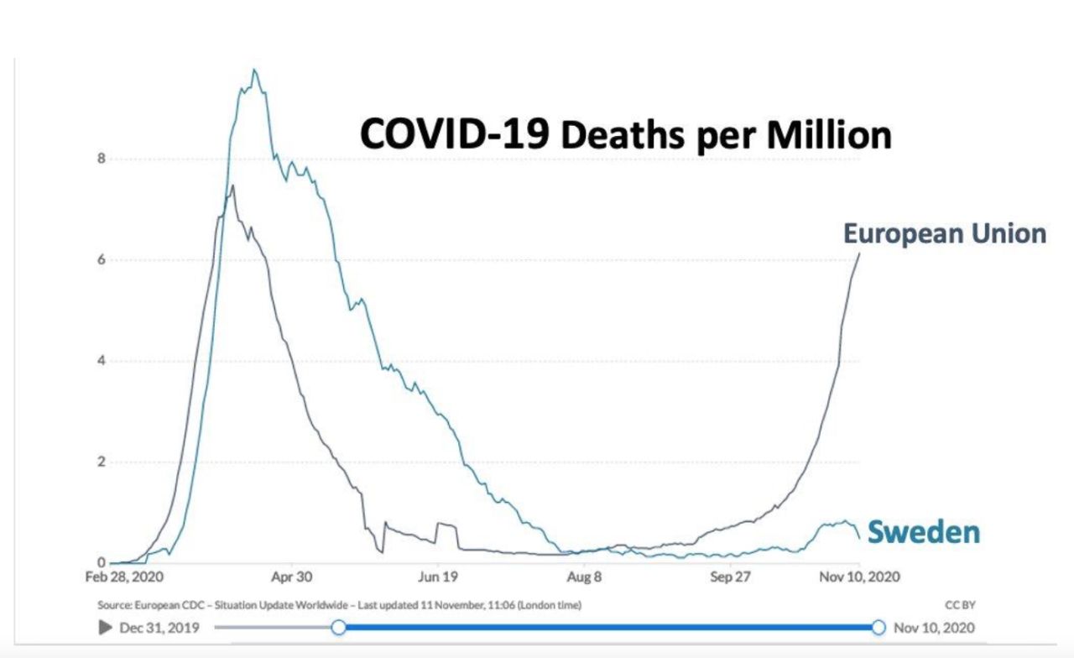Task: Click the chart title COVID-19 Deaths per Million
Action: tap(625, 135)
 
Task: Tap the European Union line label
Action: tap(945, 233)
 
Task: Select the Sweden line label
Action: tap(923, 532)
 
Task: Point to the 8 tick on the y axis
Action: tap(101, 159)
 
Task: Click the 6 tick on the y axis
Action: tap(101, 260)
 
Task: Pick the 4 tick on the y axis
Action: tap(101, 361)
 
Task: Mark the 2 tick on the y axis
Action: tap(101, 462)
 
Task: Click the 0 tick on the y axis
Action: tap(101, 563)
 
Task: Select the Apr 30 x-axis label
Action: tap(292, 577)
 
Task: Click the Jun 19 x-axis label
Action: tap(438, 577)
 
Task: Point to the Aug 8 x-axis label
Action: tap(585, 577)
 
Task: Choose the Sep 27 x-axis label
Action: tap(731, 577)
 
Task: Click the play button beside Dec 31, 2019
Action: tap(106, 627)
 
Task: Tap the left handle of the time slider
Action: tap(338, 627)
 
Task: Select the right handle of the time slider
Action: tap(878, 627)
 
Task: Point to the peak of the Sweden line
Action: tap(254, 70)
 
